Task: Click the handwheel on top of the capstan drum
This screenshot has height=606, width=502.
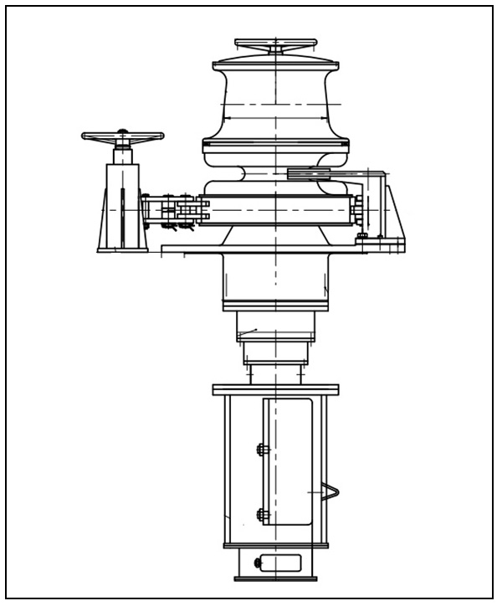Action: (x=275, y=44)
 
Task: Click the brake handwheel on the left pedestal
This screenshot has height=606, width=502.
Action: (x=122, y=136)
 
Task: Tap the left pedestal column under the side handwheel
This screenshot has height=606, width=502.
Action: (x=122, y=205)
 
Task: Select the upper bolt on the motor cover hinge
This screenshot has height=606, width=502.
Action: (x=261, y=449)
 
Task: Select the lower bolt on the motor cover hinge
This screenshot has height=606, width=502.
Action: (x=261, y=514)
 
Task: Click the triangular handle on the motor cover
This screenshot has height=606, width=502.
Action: (x=330, y=495)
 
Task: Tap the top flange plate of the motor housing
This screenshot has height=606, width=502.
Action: (x=275, y=390)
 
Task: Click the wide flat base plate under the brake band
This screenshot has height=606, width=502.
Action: (x=283, y=248)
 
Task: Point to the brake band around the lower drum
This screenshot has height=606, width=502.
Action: (x=276, y=209)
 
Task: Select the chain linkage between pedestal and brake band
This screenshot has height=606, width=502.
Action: (x=176, y=210)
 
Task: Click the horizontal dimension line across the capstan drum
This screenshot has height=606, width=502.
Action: (x=275, y=104)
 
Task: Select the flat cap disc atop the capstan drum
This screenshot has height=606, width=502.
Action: (x=275, y=63)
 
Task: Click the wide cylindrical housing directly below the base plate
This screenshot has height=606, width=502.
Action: (x=275, y=280)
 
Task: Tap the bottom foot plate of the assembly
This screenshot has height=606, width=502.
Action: (x=275, y=578)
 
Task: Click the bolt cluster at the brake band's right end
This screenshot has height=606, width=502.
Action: (x=359, y=209)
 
